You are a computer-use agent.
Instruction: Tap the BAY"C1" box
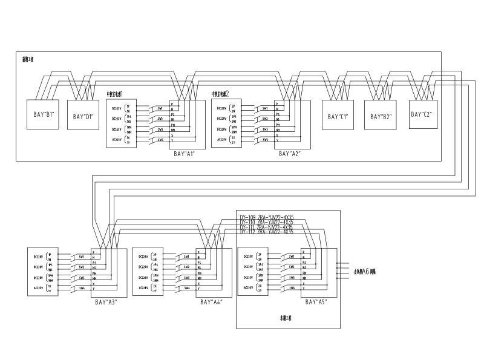pos(338,116)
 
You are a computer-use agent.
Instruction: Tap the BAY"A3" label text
pos(103,301)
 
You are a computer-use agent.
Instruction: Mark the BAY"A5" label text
pos(316,301)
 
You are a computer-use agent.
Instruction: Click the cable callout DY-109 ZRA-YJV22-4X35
pos(266,217)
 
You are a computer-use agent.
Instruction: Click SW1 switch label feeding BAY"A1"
pos(160,109)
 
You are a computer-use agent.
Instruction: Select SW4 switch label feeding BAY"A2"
pos(265,140)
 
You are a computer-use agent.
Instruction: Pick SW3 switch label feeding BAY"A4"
pos(187,278)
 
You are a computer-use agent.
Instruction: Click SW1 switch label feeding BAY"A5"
pos(292,257)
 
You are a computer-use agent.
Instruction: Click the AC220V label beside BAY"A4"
pos(143,288)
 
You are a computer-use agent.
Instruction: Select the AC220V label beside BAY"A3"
pos(37,288)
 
